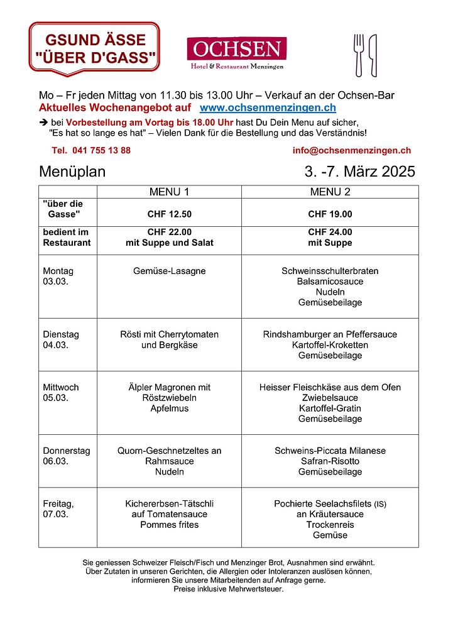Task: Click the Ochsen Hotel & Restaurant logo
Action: (236, 53)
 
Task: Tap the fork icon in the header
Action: (359, 55)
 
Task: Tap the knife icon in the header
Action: (373, 55)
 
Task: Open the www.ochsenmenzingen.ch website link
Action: (268, 108)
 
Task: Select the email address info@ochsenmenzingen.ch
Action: (351, 150)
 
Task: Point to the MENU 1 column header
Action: (169, 192)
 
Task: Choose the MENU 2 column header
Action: (330, 192)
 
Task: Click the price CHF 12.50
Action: (169, 214)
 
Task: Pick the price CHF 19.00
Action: (330, 214)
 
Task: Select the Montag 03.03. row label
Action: (58, 276)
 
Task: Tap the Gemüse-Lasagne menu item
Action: (169, 271)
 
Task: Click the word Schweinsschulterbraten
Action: (330, 271)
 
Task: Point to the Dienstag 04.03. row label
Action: (61, 339)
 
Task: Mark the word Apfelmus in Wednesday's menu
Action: (169, 408)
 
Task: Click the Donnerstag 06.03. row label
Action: (66, 456)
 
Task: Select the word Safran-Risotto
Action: (330, 461)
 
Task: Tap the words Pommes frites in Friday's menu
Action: (169, 525)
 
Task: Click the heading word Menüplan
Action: (72, 172)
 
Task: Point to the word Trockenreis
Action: (330, 525)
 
